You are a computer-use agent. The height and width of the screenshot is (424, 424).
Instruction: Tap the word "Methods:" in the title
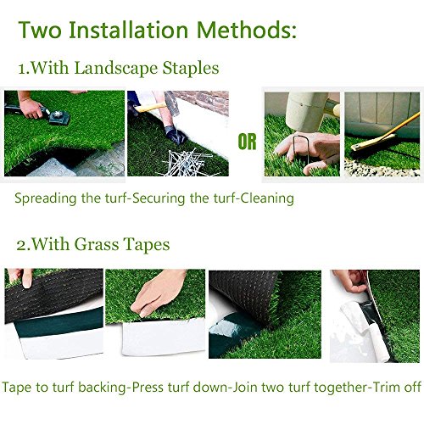247,31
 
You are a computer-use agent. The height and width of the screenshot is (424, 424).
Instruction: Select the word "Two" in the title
42,31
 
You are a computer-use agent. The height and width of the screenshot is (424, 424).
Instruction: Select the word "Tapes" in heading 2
146,244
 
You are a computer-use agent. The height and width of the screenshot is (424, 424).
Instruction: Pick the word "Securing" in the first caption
175,199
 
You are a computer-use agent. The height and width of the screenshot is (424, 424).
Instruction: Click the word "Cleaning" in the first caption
266,199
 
